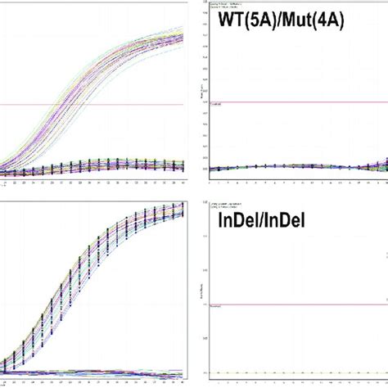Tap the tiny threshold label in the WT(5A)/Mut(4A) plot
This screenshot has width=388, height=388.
[x=217, y=105]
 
